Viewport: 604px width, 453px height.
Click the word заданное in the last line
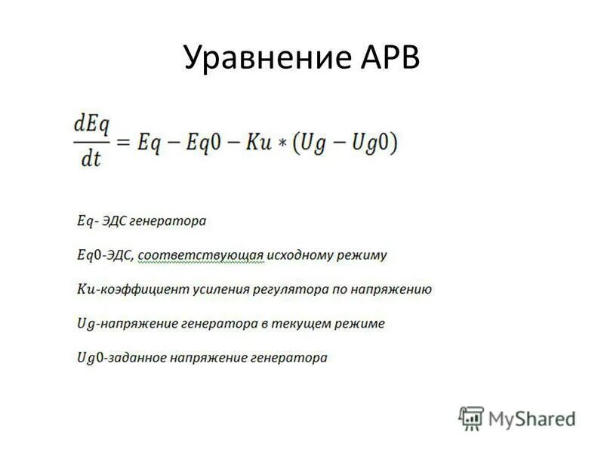click(136, 357)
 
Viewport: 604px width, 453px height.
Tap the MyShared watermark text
click(532, 418)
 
